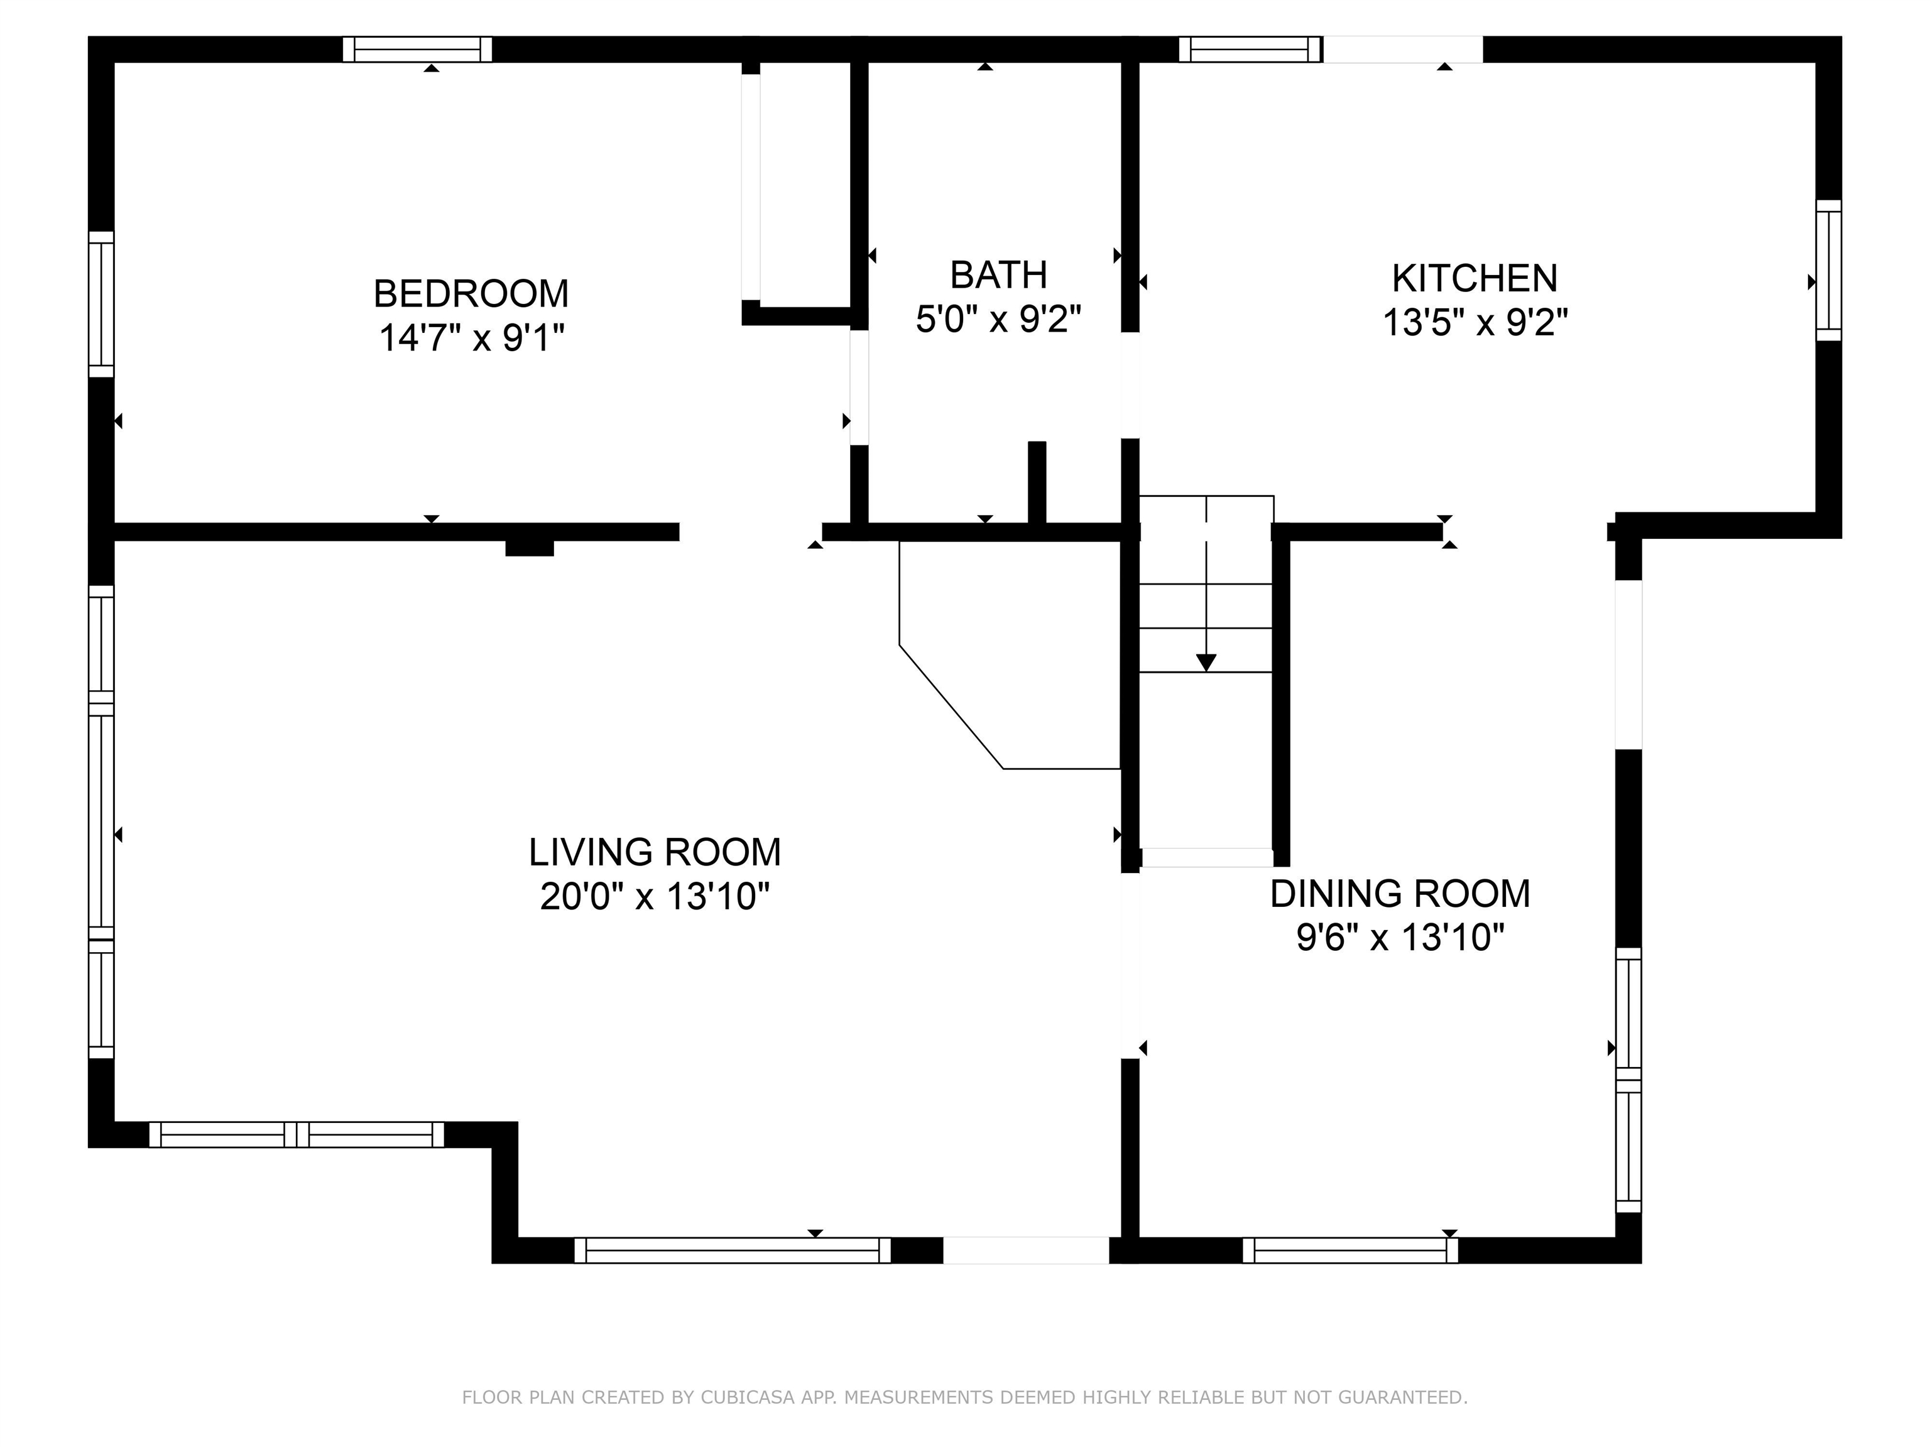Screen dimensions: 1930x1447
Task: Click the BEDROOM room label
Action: [x=471, y=294]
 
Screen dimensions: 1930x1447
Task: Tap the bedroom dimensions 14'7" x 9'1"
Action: [x=471, y=337]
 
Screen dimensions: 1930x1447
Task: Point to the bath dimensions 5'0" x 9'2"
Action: [x=998, y=319]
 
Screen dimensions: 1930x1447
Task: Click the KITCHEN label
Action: [x=1475, y=278]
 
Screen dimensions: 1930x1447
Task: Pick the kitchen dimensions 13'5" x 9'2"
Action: [x=1475, y=323]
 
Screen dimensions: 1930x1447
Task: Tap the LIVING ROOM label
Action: [x=655, y=852]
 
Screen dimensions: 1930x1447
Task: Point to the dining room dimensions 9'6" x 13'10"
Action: [x=1400, y=938]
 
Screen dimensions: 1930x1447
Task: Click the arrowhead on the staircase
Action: [x=1206, y=663]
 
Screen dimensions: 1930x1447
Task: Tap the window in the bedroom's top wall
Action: [x=417, y=50]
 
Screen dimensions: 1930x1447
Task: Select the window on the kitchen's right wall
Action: [x=1829, y=271]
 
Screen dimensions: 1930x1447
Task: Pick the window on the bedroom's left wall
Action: [x=101, y=305]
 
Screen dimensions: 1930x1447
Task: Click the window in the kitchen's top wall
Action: [x=1250, y=50]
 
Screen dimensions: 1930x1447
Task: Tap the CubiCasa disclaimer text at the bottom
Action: [x=964, y=1397]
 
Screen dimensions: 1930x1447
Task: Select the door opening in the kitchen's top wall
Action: [x=1403, y=50]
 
